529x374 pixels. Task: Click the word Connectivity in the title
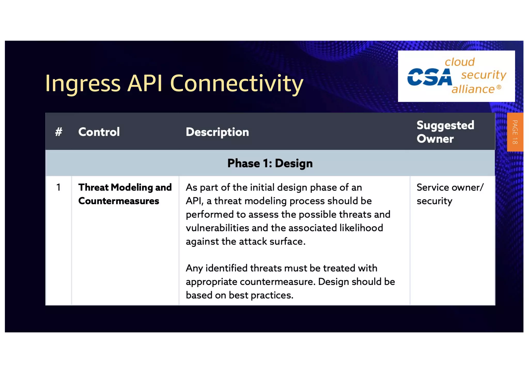[x=236, y=83]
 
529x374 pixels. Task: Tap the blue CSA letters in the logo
[x=429, y=77]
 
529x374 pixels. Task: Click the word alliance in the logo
[x=473, y=89]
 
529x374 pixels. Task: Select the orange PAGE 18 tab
[x=515, y=132]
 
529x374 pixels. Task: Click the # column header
[x=59, y=132]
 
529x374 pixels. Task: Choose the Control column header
[x=99, y=132]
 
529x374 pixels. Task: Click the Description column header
[x=217, y=132]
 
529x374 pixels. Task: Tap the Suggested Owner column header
[x=445, y=132]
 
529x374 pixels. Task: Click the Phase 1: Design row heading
[x=270, y=163]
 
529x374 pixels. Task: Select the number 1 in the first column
[x=59, y=187]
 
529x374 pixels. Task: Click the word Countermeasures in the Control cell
[x=119, y=201]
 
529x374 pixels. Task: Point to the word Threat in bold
[x=93, y=187]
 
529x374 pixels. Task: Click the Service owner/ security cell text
[x=449, y=194]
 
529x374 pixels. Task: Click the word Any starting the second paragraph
[x=194, y=268]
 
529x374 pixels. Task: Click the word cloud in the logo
[x=460, y=62]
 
